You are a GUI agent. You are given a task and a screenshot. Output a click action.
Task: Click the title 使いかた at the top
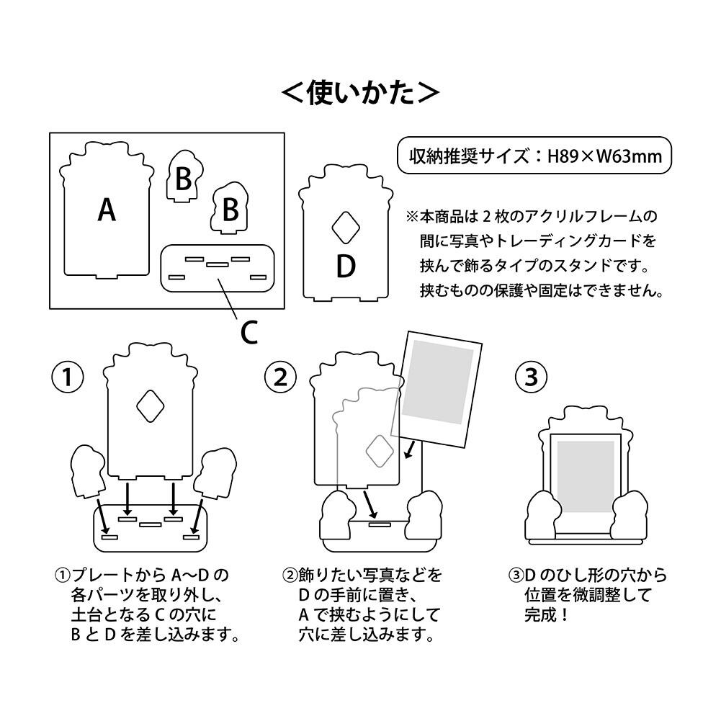(x=359, y=92)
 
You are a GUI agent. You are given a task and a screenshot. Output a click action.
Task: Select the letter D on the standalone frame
(x=346, y=267)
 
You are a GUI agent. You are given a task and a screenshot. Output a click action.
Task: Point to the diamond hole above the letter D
(x=345, y=227)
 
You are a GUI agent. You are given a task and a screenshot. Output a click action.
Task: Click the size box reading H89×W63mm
(x=535, y=155)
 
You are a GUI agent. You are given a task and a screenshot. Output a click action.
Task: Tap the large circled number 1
(x=68, y=377)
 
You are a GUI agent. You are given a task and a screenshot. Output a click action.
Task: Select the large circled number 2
(x=280, y=377)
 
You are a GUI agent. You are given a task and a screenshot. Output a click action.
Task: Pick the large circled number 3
(x=531, y=377)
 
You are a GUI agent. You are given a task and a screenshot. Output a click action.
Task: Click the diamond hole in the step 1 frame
(x=150, y=406)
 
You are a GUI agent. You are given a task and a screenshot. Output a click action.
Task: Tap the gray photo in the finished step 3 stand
(x=585, y=476)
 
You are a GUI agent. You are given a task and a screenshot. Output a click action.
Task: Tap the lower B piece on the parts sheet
(x=229, y=210)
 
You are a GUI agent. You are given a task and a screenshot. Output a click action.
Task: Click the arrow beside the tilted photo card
(x=410, y=450)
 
